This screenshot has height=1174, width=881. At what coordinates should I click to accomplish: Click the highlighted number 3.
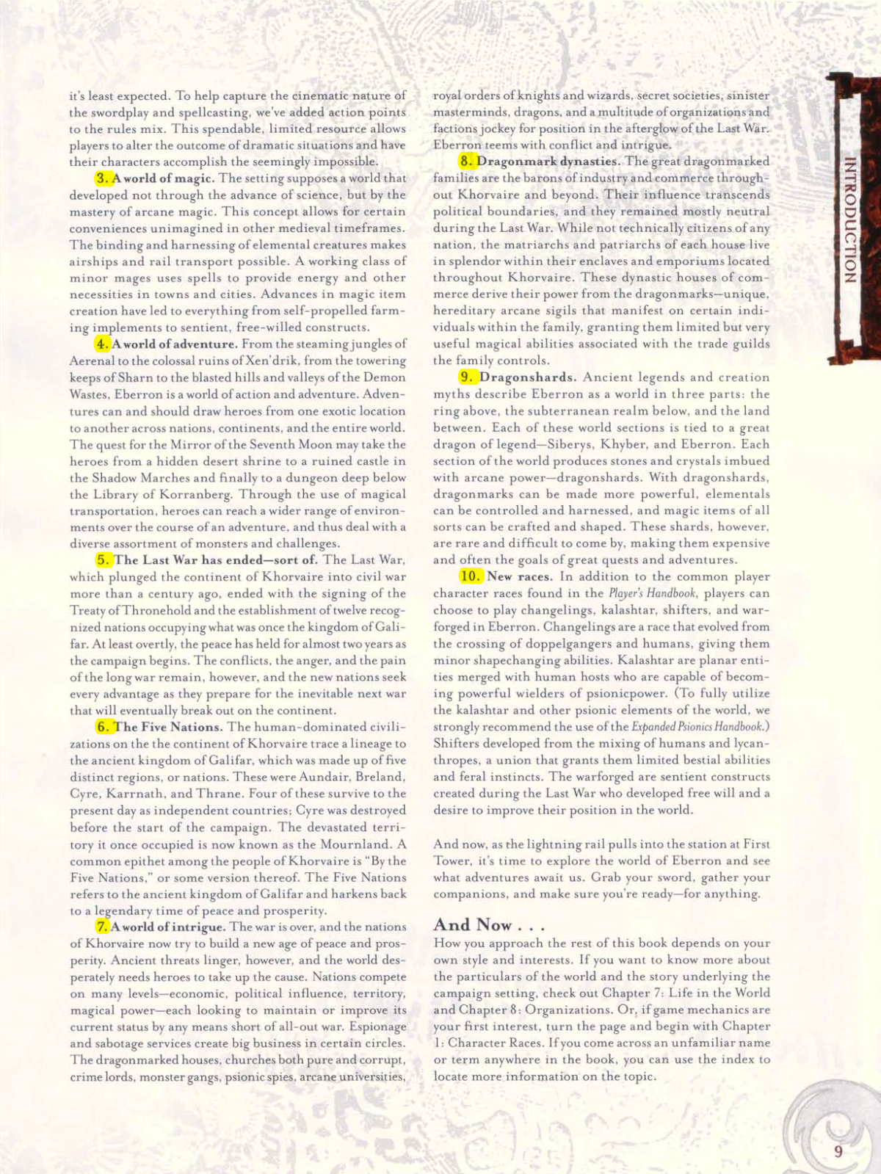coord(103,178)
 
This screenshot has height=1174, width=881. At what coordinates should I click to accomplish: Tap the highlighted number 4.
coord(102,344)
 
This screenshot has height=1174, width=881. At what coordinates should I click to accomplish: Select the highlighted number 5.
coord(104,559)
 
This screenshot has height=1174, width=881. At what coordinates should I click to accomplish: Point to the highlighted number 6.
coord(104,727)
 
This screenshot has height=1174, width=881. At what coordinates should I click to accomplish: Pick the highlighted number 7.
coord(102,927)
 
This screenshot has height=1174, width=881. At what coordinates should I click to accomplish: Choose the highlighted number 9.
coord(467,377)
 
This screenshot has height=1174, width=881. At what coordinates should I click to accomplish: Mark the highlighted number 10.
coord(470,576)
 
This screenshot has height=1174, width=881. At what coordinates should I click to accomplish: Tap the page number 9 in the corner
coord(838,1151)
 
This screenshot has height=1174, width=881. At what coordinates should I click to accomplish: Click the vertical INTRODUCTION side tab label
coord(849,220)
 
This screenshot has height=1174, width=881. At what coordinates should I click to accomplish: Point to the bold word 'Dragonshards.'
coord(529,377)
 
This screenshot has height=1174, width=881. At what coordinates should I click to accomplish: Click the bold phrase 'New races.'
coord(520,576)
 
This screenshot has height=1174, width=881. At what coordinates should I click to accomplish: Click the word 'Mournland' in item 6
coord(355,844)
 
